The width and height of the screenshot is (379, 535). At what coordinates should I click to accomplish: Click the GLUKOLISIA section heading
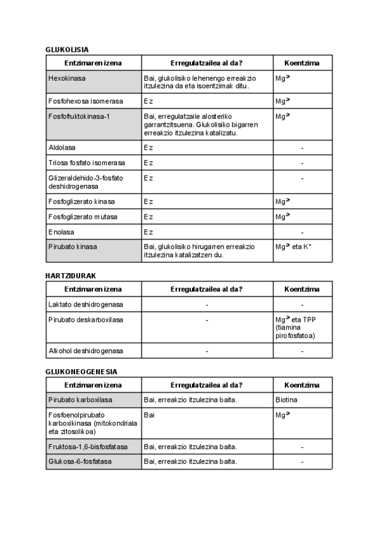click(x=67, y=49)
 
